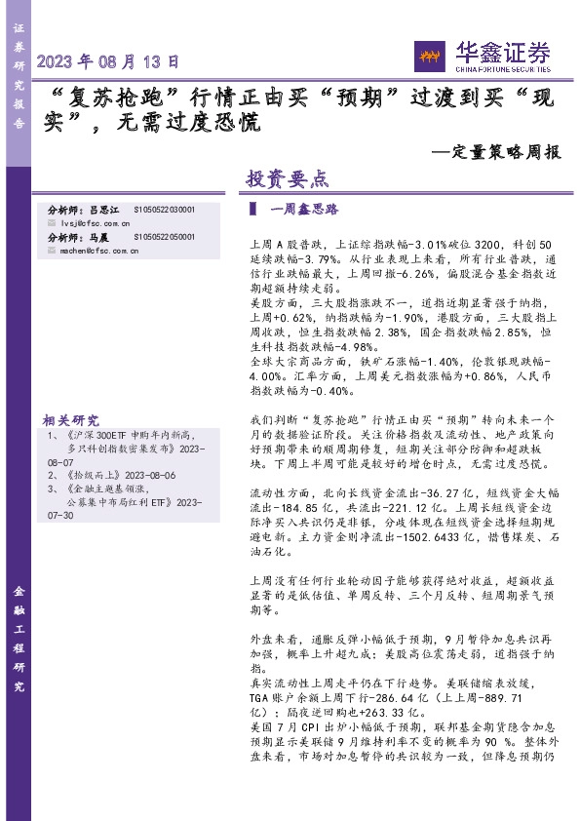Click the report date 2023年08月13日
(x=108, y=60)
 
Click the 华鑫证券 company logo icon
(x=430, y=57)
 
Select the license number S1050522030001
(x=164, y=210)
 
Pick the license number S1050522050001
(x=164, y=237)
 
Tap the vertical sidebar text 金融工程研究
(x=19, y=640)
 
